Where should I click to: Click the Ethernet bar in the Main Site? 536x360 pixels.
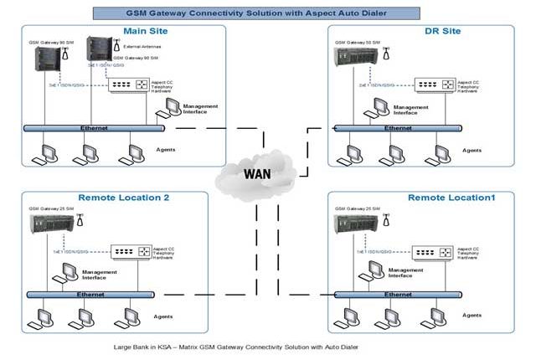click(94, 127)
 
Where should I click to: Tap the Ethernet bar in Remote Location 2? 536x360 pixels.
click(94, 294)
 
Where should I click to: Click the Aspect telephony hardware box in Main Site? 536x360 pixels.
click(130, 85)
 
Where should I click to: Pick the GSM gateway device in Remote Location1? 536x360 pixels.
click(352, 225)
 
